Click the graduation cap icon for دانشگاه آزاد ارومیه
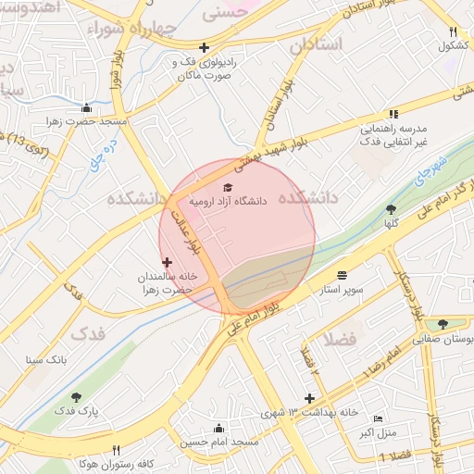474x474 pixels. (x=229, y=186)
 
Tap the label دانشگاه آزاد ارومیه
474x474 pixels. (x=228, y=199)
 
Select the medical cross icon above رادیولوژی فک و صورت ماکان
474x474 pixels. (x=204, y=47)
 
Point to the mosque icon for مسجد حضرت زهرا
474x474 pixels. (x=86, y=107)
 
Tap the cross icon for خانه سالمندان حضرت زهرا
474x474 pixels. (x=167, y=262)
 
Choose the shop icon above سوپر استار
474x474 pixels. (x=343, y=275)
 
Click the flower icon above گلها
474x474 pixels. (x=392, y=209)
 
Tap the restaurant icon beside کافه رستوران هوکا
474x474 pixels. (x=116, y=448)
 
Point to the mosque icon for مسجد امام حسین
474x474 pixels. (x=218, y=428)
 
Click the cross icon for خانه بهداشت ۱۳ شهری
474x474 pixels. (x=310, y=398)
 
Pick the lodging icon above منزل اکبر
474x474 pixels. (x=376, y=418)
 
